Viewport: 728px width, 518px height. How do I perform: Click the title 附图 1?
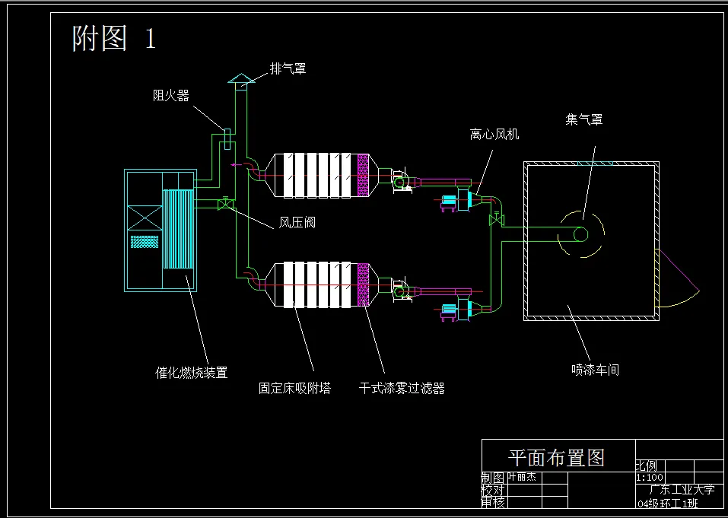[x=114, y=37]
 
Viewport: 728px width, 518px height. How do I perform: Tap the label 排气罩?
[x=288, y=68]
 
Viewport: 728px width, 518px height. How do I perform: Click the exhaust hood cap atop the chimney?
[x=240, y=79]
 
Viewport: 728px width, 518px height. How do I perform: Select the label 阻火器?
[x=170, y=96]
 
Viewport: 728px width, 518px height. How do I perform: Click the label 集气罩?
[x=583, y=119]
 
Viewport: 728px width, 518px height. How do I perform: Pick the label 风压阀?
[x=297, y=223]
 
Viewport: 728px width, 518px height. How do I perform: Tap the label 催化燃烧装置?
[x=191, y=373]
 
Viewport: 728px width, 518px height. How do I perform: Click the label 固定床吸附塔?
[x=294, y=389]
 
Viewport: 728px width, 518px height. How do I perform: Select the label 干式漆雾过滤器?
[x=401, y=389]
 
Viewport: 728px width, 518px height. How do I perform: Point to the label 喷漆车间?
[x=595, y=370]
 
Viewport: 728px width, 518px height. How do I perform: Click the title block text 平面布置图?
[x=556, y=457]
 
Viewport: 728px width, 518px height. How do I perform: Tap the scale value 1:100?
[x=648, y=478]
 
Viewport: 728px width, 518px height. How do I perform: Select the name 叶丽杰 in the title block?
[x=521, y=478]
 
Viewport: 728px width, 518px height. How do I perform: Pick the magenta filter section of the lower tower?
[x=364, y=284]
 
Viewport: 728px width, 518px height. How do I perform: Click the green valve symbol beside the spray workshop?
[x=498, y=221]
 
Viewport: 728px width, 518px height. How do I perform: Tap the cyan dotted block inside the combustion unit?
[x=145, y=241]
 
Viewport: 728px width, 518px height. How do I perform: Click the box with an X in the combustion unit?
[x=145, y=218]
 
